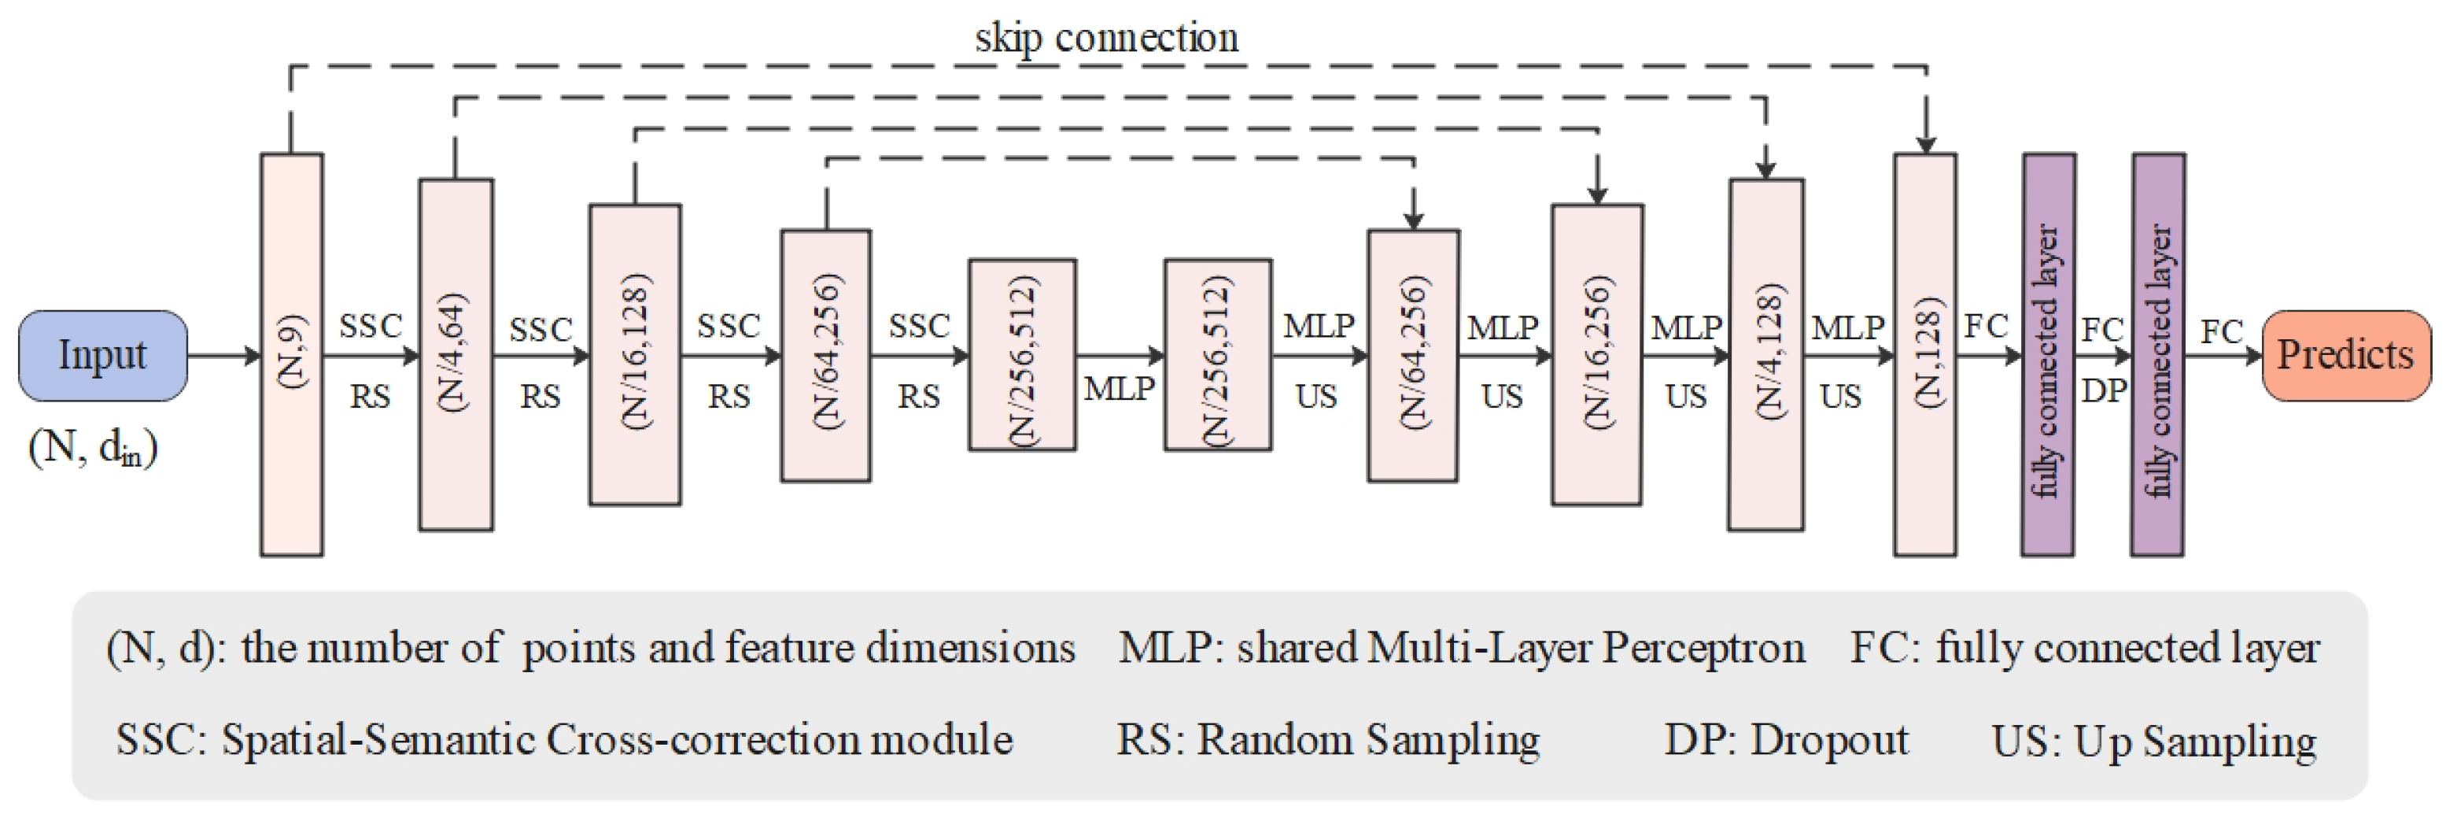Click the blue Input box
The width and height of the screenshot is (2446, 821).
[x=102, y=355]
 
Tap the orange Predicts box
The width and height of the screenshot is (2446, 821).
[x=2345, y=355]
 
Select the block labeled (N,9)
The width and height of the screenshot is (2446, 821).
[x=292, y=354]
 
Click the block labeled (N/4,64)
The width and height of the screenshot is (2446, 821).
[x=456, y=354]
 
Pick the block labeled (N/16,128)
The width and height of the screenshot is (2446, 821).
[x=634, y=354]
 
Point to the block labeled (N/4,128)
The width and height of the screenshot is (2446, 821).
[x=1765, y=354]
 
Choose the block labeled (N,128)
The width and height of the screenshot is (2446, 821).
[x=1924, y=354]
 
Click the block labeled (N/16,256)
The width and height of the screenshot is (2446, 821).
[x=1597, y=354]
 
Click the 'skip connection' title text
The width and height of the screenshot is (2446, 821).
[x=1106, y=38]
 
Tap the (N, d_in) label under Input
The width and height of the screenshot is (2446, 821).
[x=93, y=446]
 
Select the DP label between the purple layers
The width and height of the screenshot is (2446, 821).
[x=2103, y=390]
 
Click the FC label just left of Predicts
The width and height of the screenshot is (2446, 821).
[x=2222, y=331]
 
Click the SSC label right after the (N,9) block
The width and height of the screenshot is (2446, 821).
[x=371, y=326]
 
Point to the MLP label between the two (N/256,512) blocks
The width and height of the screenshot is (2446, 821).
[x=1120, y=389]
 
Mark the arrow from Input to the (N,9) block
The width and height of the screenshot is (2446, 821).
[x=224, y=357]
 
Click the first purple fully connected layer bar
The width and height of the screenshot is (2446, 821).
[x=2048, y=354]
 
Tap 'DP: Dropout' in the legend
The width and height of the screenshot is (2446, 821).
[x=1785, y=739]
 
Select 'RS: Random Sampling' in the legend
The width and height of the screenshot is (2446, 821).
[x=1327, y=739]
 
